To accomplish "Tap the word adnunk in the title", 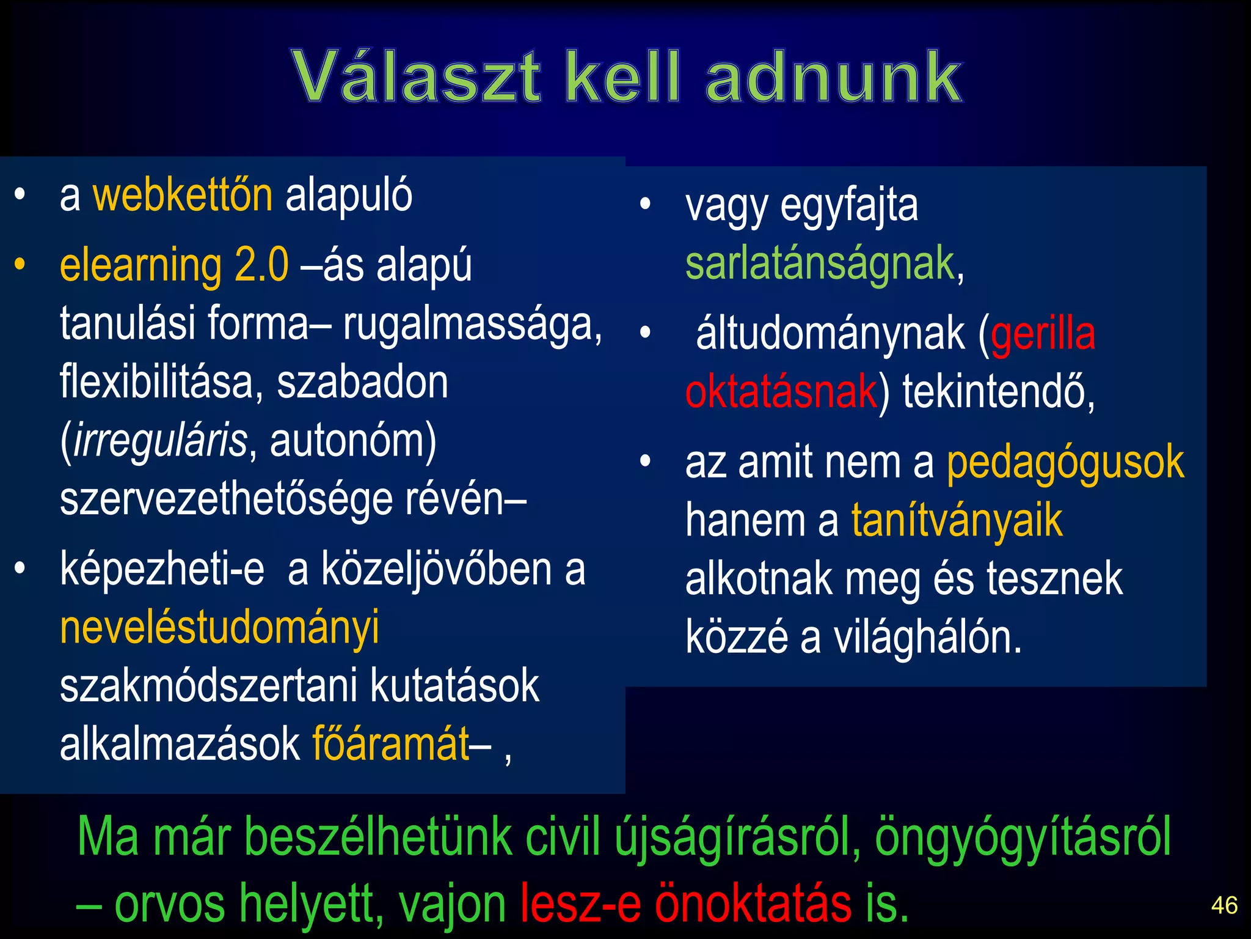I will coord(834,77).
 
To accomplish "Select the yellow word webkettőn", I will coord(182,196).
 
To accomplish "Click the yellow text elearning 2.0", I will coord(174,265).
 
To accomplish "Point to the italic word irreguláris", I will coord(161,440).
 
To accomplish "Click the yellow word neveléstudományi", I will coord(219,627).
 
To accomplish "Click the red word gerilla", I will coord(1043,334).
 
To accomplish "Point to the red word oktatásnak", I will coord(781,392).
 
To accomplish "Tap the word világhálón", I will coord(927,638).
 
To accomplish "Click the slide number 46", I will coord(1224,905).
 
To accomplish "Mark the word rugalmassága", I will coord(472,324).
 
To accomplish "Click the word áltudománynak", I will coord(830,334).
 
